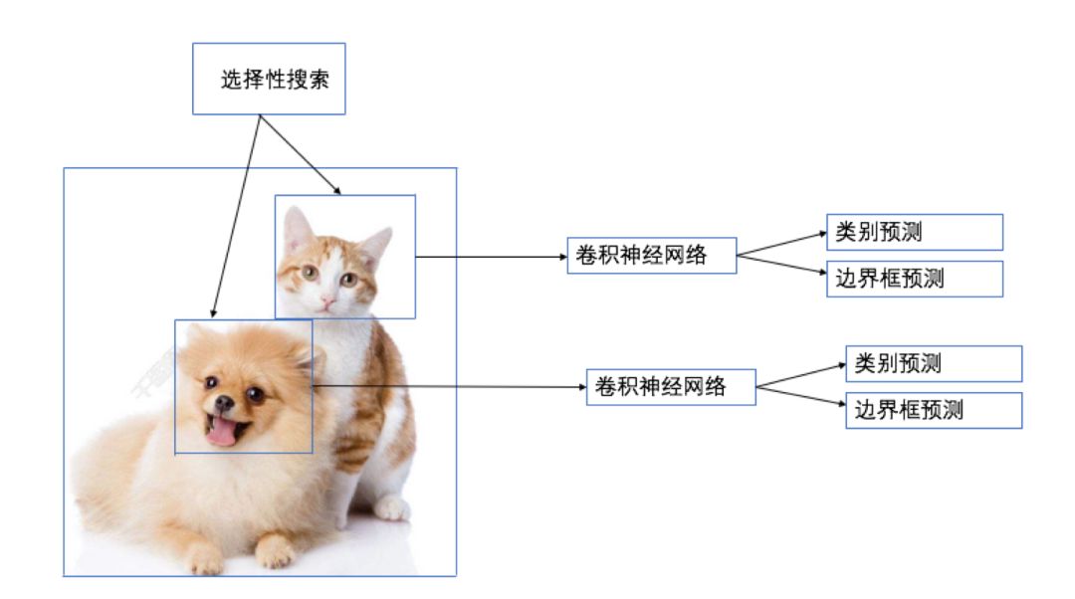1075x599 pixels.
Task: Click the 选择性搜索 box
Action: (x=269, y=79)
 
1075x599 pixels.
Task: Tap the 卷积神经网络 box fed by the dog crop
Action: (x=671, y=386)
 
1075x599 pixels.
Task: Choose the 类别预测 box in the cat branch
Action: (x=915, y=232)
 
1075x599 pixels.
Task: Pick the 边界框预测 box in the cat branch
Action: (x=915, y=279)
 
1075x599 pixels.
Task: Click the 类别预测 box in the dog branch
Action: (x=934, y=363)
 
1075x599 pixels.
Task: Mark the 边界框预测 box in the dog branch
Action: (x=934, y=410)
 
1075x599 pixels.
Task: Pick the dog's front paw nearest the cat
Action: (x=274, y=550)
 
